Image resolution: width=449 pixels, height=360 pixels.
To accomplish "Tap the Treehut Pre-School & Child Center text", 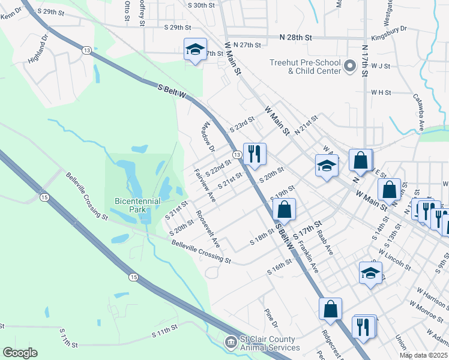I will click(306, 67).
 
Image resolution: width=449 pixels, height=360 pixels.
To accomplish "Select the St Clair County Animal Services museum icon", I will click(230, 343).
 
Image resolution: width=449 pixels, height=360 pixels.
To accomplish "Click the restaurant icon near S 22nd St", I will click(255, 154).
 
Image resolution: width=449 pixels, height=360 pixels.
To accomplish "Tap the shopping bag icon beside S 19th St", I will click(284, 209).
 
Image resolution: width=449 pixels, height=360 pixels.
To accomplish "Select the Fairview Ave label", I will click(204, 185).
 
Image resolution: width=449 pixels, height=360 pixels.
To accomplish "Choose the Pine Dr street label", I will click(271, 319).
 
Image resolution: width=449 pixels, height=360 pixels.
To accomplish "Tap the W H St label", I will click(381, 92).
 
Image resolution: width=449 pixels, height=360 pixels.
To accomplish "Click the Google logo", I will click(20, 353).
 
